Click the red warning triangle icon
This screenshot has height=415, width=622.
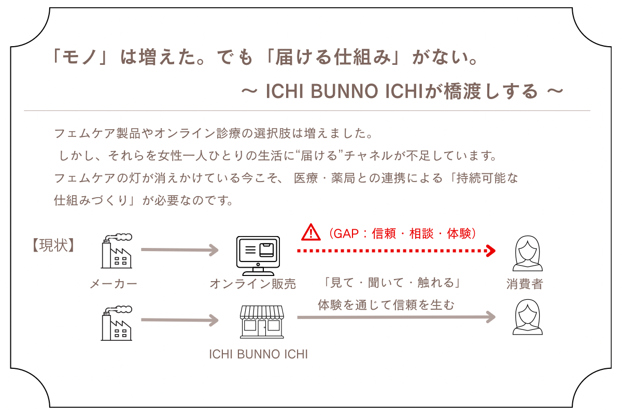pos(311,232)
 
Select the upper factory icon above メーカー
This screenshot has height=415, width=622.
pos(116,251)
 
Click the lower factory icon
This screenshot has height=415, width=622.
pos(116,323)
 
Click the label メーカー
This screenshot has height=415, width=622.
pos(114,284)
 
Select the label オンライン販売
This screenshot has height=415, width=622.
pos(253,284)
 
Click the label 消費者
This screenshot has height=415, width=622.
pos(525,284)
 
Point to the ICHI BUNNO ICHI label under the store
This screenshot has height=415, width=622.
pos(258,355)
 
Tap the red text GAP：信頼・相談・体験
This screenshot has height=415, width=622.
pos(402,233)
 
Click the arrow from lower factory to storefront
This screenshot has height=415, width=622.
pos(179,320)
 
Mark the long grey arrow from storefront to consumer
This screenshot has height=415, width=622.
pos(397,317)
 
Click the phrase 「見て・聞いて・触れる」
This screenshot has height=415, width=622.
pos(391,283)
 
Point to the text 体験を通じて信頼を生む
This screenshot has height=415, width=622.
pos(386,305)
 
